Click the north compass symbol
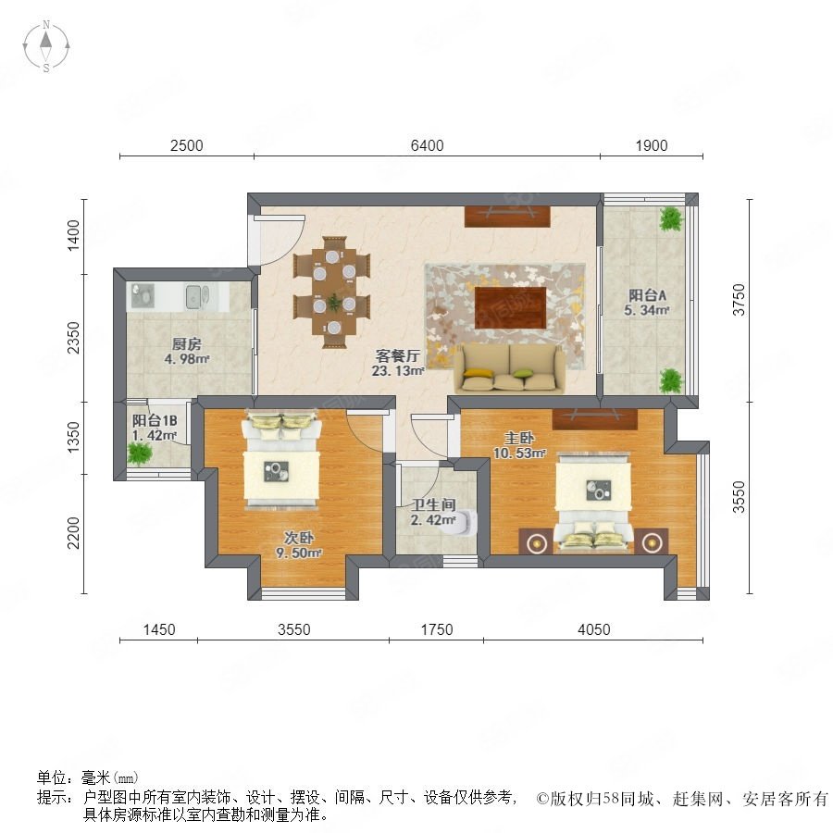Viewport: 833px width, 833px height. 46,46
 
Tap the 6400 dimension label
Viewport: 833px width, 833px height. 427,145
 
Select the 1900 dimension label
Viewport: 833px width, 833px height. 652,145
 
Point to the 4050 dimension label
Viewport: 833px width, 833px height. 593,629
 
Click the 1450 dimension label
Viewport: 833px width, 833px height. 159,629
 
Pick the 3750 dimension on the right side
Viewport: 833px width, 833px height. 739,300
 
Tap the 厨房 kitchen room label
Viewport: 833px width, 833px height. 186,343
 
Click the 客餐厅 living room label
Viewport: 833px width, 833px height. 398,354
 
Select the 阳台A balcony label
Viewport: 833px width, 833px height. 647,295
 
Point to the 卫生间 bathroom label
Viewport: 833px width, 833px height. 433,504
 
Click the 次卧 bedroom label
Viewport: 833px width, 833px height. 299,538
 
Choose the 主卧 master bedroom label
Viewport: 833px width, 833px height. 519,439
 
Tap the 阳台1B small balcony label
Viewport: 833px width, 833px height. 155,421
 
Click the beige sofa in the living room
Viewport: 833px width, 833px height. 509,368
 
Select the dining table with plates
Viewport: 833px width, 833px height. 333,292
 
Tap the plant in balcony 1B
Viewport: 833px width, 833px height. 139,454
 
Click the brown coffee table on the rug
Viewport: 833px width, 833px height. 510,307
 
